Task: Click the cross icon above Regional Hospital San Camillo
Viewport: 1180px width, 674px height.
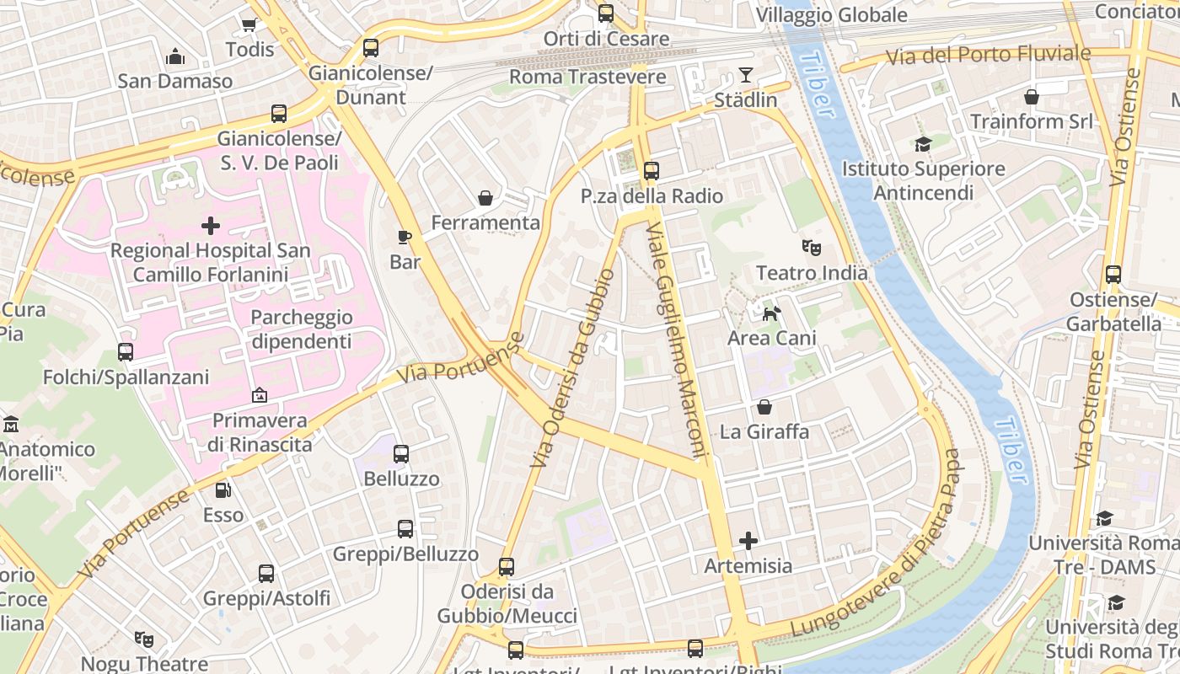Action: coord(211,226)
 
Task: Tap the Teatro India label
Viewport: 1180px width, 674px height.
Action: coord(812,273)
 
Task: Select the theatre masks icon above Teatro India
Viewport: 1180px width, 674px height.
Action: coord(812,248)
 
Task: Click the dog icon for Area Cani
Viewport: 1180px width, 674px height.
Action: coord(771,314)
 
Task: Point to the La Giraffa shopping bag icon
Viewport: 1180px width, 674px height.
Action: coord(764,408)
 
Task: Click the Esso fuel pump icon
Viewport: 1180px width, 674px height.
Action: coord(223,490)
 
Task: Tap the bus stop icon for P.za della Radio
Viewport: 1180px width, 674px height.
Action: coord(651,171)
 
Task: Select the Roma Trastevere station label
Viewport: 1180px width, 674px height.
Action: coord(587,77)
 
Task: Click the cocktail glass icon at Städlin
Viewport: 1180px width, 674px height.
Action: coord(746,75)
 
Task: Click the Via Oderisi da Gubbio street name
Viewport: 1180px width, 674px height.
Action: coord(573,368)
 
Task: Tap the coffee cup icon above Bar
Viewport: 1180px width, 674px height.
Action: coord(405,238)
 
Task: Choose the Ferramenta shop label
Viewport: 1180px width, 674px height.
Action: coord(485,223)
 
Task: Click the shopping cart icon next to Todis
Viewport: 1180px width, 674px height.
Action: coord(249,25)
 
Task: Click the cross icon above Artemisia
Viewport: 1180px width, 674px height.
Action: coord(748,541)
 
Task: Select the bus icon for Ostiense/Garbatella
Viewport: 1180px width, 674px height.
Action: coord(1113,275)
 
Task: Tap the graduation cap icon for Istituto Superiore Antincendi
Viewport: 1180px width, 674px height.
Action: coord(923,145)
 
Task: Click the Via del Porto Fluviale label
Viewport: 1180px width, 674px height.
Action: coord(988,56)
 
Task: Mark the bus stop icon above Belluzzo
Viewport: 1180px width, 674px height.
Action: coord(401,454)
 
